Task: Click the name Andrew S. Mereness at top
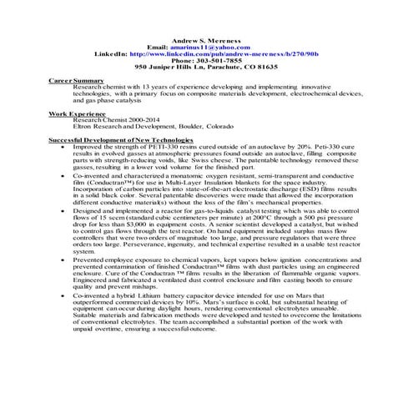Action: pos(206,41)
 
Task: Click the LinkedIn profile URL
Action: pos(224,54)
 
